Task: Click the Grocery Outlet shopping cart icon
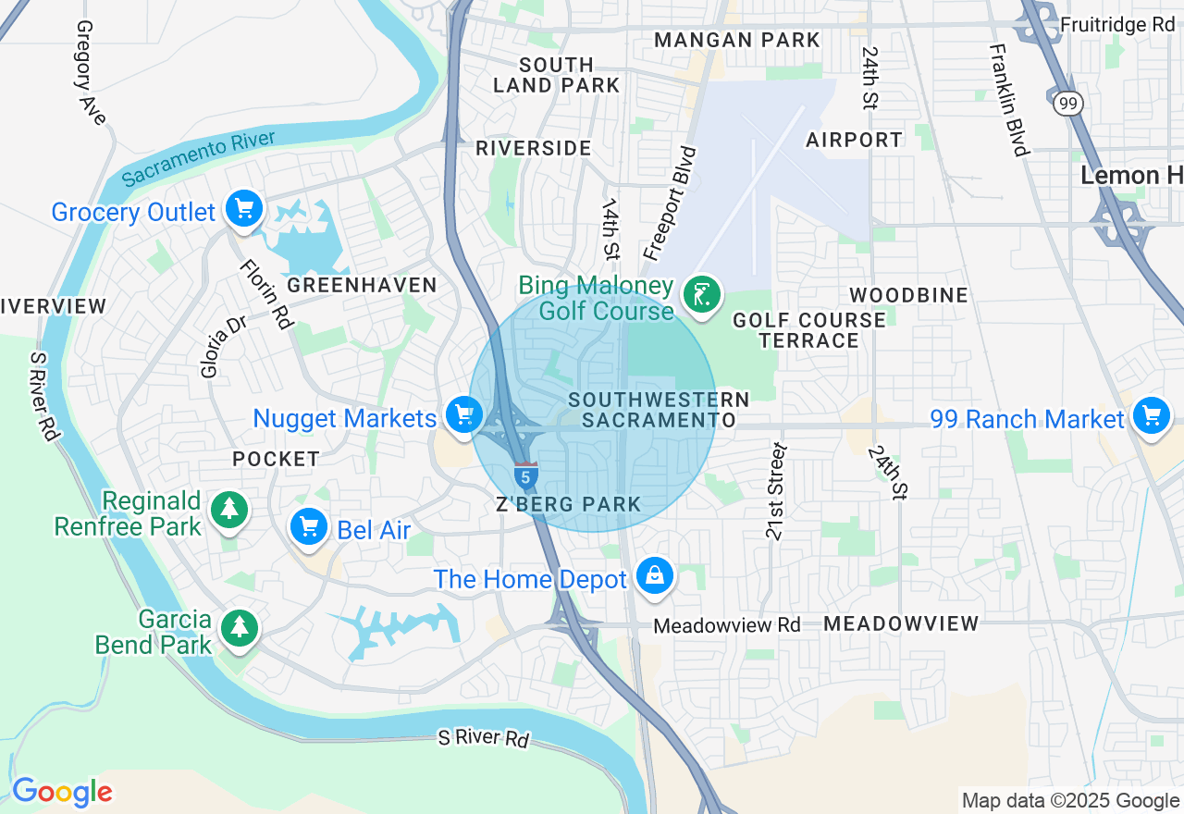click(x=244, y=209)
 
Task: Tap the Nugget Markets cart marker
click(x=462, y=415)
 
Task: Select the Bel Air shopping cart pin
click(x=308, y=526)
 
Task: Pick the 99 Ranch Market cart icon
click(x=1151, y=416)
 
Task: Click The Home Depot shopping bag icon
click(x=655, y=576)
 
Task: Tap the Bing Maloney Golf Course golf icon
click(x=702, y=296)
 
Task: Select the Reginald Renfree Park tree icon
click(x=228, y=509)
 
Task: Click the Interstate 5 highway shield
click(x=525, y=475)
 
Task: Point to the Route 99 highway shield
click(x=1068, y=103)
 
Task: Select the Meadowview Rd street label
click(x=726, y=626)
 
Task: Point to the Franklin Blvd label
click(x=1008, y=100)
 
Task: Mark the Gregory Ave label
click(x=91, y=73)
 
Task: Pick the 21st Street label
click(x=775, y=491)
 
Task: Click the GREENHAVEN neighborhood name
click(x=362, y=285)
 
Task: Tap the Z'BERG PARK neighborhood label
click(x=568, y=504)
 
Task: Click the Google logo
click(x=62, y=793)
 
